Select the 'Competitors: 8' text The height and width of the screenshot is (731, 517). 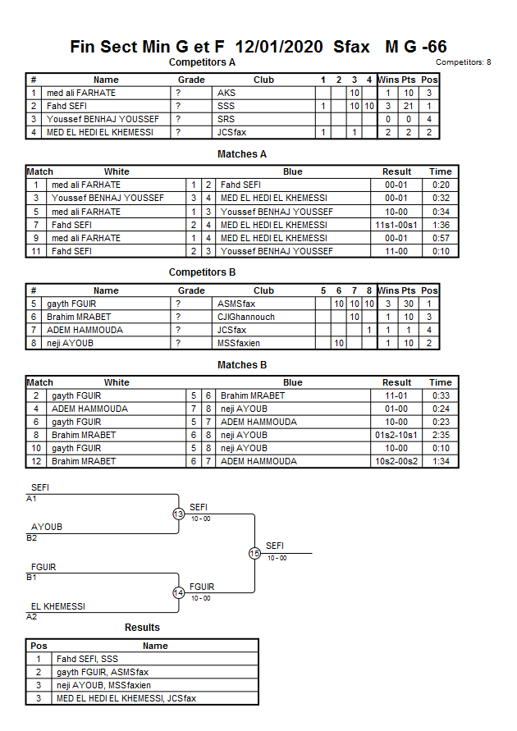point(463,62)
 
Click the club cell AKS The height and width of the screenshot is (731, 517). point(226,94)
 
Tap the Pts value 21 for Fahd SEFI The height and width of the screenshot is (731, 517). point(409,107)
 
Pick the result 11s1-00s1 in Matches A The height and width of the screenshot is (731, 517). point(397,225)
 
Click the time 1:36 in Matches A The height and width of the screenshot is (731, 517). point(441,225)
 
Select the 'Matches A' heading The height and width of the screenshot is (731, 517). point(241,154)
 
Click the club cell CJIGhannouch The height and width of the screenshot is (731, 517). point(245,317)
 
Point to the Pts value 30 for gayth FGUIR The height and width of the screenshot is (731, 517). point(409,304)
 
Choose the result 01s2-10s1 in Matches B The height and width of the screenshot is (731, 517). point(397,435)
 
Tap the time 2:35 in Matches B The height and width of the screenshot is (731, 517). point(441,435)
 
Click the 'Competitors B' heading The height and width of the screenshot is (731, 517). point(202,272)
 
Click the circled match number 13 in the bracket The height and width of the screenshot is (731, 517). point(178,514)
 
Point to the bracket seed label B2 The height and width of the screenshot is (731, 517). point(32,537)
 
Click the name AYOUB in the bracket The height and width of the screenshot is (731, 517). point(46,527)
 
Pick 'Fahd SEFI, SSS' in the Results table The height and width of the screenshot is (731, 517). point(87,659)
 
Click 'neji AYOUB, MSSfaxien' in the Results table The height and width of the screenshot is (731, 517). point(103,685)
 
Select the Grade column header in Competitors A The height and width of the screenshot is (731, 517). point(191,80)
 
